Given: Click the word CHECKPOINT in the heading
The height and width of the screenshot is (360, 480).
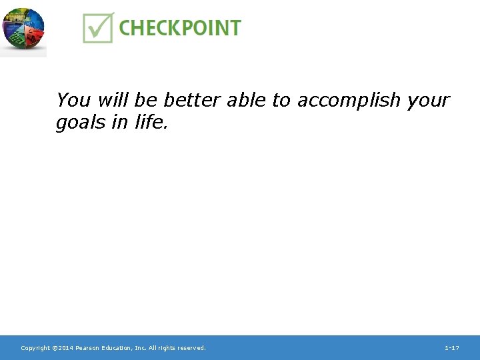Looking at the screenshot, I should (x=180, y=28).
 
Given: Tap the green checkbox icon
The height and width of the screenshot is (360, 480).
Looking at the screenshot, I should (x=98, y=27).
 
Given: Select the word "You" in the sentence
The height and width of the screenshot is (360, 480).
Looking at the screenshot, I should (x=73, y=100).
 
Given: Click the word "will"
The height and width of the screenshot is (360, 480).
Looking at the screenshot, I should (x=112, y=100).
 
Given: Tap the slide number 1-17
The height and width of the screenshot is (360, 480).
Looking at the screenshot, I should (x=451, y=348).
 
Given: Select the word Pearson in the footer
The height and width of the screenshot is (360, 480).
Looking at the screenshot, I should (x=87, y=348).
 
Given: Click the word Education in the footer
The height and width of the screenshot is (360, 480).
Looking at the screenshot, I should (x=117, y=348).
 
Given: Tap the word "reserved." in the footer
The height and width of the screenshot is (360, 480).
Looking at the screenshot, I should (x=191, y=348).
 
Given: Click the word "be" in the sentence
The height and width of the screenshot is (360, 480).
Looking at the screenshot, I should (x=145, y=100).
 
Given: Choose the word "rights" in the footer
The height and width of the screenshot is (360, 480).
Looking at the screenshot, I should (x=167, y=348).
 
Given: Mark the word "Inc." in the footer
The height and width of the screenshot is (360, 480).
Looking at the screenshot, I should (x=140, y=348).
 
